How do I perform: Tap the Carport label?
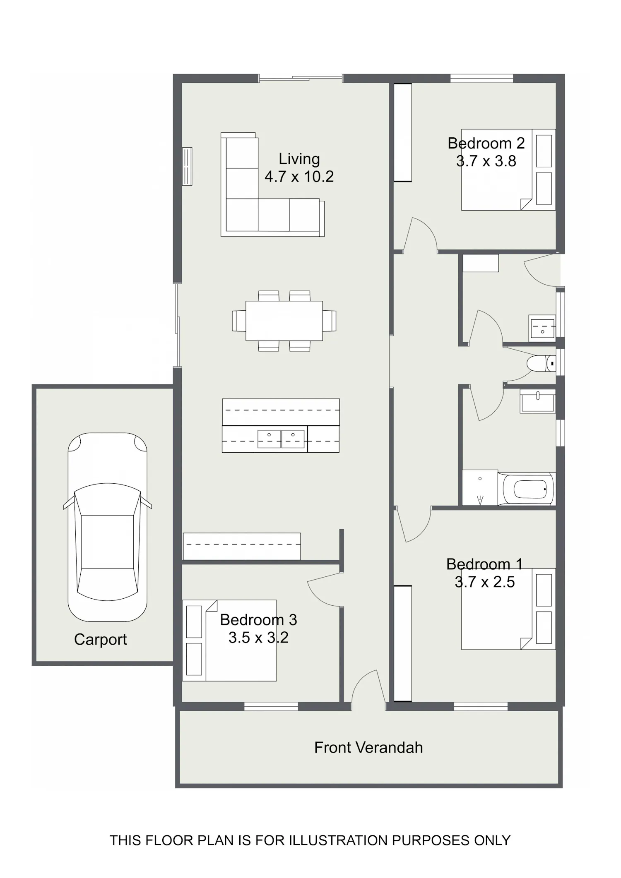coord(100,639)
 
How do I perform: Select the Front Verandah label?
coord(368,747)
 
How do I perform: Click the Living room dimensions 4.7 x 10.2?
coord(299,177)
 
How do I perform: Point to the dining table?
coord(284,321)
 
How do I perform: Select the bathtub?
coord(527,489)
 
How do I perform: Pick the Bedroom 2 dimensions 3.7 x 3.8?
coord(486,161)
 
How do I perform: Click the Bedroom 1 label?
coord(484,564)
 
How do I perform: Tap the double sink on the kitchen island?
coord(281,439)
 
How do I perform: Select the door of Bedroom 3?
coord(325,589)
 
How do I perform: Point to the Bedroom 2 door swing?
coord(420,234)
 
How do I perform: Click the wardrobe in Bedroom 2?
coord(402,132)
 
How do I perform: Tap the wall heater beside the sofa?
coord(187,166)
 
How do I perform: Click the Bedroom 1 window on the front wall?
coord(481,706)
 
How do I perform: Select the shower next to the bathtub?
coord(480,487)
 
